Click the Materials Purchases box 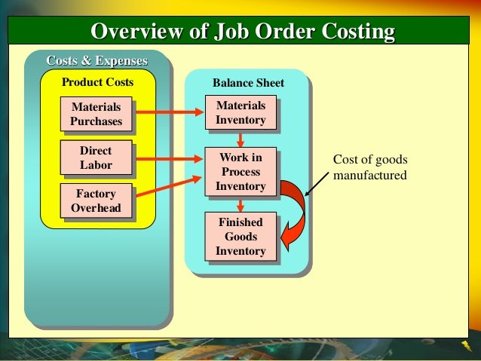pyautogui.click(x=96, y=114)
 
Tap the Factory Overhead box pyautogui.click(x=96, y=200)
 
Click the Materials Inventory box pyautogui.click(x=240, y=113)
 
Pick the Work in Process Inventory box pyautogui.click(x=240, y=172)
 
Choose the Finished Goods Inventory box pyautogui.click(x=240, y=237)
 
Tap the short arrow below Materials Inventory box pyautogui.click(x=240, y=139)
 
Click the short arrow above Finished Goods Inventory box pyautogui.click(x=240, y=203)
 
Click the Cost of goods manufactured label pyautogui.click(x=369, y=168)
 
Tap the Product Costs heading pyautogui.click(x=97, y=81)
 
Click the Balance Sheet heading pyautogui.click(x=248, y=82)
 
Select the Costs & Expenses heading pyautogui.click(x=97, y=60)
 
